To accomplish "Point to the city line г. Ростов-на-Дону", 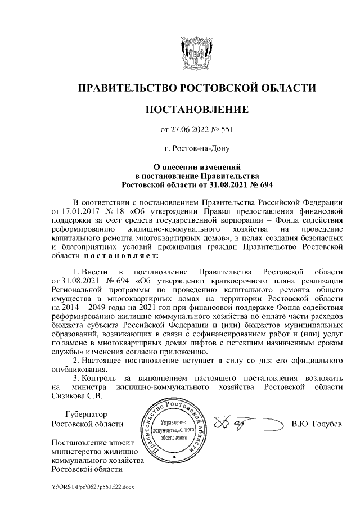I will (196, 148).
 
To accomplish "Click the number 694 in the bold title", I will (267, 184).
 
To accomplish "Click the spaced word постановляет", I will (118, 255).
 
